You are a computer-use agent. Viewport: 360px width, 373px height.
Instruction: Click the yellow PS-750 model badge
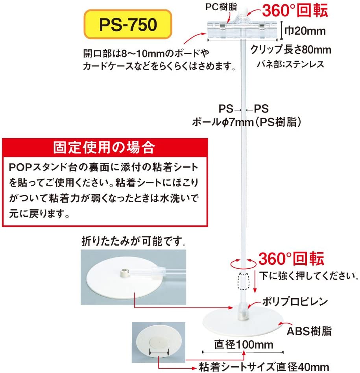128,24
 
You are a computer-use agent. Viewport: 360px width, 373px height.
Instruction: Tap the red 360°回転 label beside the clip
295,11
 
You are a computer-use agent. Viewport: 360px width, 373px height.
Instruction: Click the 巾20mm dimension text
305,31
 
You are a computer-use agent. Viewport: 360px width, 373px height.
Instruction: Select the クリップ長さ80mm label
290,50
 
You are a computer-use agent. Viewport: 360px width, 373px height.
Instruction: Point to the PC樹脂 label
221,7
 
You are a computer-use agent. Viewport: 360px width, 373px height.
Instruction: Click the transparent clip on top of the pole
242,29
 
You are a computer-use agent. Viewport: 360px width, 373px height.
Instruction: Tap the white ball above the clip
244,11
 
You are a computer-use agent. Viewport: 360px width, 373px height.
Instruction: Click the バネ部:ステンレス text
290,65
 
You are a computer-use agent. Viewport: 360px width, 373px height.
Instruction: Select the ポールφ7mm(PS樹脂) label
247,122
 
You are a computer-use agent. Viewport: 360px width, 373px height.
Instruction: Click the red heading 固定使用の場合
104,148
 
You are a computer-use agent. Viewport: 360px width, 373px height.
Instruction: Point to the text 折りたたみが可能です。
134,241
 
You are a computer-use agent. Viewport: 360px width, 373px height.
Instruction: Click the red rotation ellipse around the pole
243,263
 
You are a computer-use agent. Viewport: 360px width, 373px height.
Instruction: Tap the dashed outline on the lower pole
243,281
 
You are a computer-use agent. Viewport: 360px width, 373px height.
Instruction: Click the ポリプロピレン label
295,302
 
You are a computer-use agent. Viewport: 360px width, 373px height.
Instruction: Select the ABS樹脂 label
309,331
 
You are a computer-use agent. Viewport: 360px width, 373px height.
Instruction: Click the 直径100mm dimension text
244,344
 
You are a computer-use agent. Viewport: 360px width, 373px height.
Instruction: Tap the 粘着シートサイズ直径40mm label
264,367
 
